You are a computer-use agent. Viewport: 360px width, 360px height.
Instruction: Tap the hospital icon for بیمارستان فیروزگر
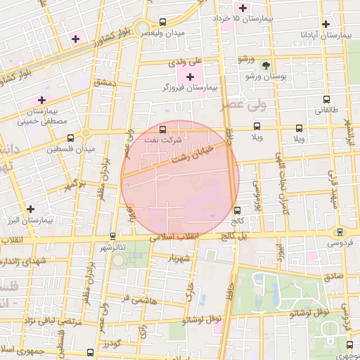pos(190,75)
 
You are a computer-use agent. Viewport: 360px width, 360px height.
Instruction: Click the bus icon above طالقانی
pos(326,100)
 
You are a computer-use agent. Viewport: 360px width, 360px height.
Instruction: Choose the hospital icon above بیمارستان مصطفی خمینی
pos(41,101)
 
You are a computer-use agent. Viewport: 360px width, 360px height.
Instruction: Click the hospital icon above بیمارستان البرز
pos(30,209)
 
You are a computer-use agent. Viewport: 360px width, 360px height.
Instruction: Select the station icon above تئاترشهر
pos(112,237)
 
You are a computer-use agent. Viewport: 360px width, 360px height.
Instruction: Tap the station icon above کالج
pos(237,210)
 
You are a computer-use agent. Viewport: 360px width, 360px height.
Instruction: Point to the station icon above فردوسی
pos(340,232)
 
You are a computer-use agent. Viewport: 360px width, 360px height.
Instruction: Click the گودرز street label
pos(112,344)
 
